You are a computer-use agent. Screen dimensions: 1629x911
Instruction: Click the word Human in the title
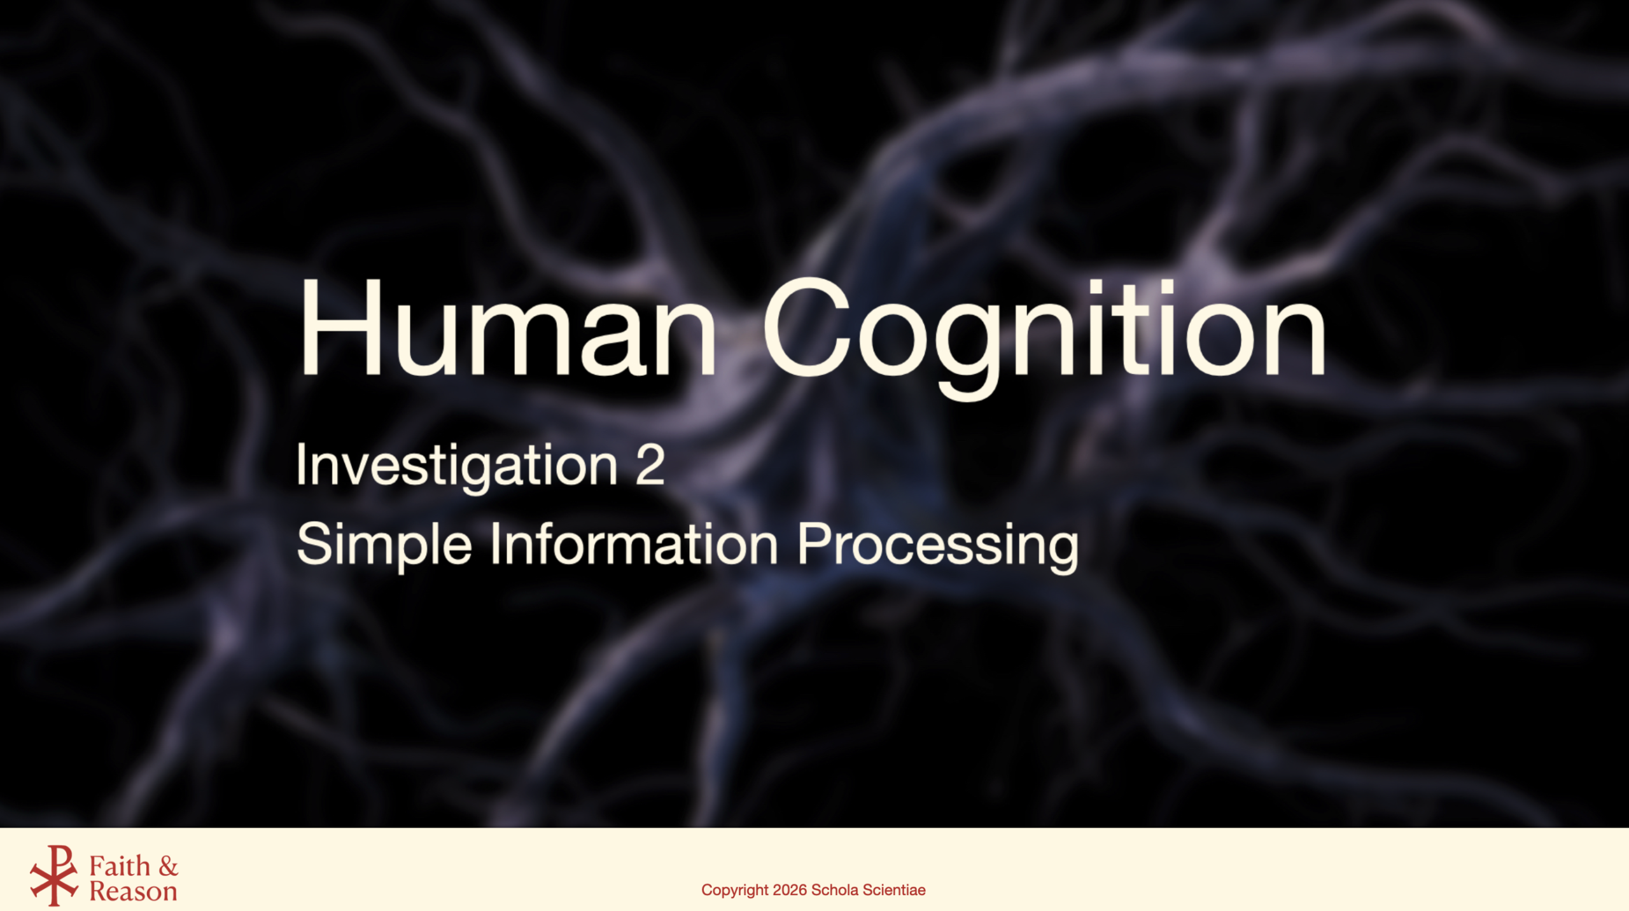508,328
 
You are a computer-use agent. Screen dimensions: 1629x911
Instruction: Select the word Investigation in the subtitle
457,467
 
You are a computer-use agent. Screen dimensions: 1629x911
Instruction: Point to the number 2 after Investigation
650,465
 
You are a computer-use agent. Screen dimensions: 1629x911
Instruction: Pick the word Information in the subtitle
634,544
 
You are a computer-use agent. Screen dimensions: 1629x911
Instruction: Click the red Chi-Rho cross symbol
54,875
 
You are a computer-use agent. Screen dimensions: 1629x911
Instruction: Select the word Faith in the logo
120,866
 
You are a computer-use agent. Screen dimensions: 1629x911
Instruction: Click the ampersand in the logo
169,866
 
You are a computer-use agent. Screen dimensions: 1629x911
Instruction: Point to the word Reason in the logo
133,892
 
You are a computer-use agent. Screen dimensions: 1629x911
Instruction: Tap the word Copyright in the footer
735,891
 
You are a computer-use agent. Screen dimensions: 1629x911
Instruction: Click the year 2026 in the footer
790,890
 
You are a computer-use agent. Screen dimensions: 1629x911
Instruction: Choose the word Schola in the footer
835,890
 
